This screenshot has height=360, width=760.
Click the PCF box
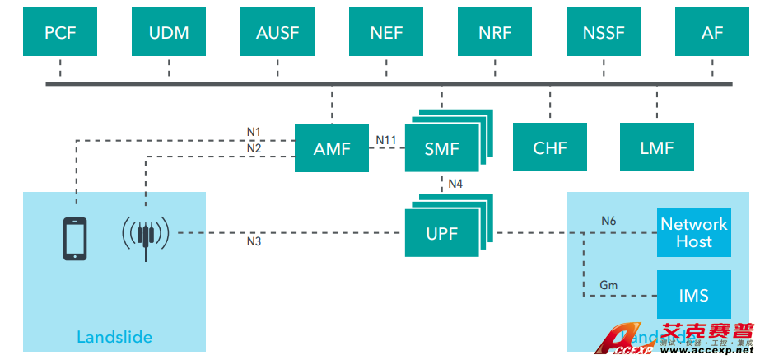[x=60, y=33]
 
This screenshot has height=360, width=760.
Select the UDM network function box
[x=169, y=33]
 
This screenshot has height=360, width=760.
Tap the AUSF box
[x=277, y=33]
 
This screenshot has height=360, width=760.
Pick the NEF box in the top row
[x=386, y=33]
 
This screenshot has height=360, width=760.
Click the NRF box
[x=495, y=33]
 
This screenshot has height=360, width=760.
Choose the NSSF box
[x=604, y=33]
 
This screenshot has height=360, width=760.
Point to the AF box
[x=712, y=33]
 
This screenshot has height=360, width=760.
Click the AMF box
[x=332, y=148]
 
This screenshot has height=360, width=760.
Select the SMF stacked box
[x=442, y=149]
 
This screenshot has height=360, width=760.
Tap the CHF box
[x=550, y=148]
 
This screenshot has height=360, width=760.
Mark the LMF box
[x=657, y=148]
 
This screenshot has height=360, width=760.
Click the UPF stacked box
[x=442, y=233]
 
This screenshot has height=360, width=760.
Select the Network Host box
[x=694, y=232]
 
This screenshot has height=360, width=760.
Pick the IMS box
[x=694, y=295]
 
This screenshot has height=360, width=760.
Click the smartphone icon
[x=76, y=238]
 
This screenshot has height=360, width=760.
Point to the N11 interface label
[x=386, y=140]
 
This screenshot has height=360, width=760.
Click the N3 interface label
[x=254, y=242]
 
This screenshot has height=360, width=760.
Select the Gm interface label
[x=608, y=285]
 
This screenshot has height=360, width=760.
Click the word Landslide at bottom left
[x=114, y=337]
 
